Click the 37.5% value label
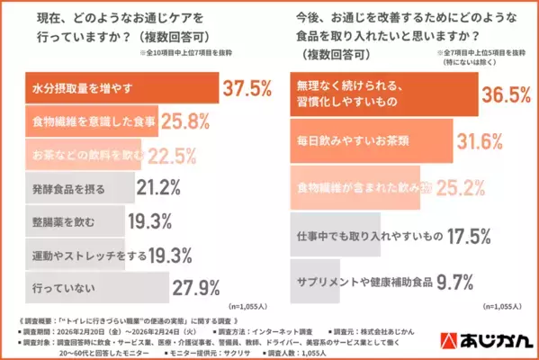click(x=246, y=90)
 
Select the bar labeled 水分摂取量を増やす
click(x=117, y=90)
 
